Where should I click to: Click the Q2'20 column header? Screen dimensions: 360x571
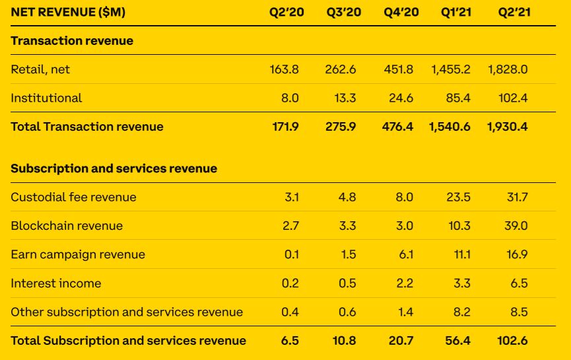[286, 12]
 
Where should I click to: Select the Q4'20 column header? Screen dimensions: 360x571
[401, 12]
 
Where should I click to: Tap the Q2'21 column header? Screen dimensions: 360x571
[515, 12]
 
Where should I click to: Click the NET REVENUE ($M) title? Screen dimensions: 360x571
[68, 12]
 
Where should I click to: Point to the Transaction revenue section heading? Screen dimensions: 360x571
[72, 41]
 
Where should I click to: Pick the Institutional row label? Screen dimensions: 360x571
[46, 98]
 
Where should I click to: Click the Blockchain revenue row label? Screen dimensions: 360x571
[67, 226]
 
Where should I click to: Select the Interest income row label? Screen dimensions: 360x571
[56, 283]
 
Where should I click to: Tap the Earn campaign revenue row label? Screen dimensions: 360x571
[78, 254]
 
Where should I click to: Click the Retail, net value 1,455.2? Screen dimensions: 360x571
[452, 69]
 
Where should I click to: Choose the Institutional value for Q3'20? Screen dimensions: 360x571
[345, 98]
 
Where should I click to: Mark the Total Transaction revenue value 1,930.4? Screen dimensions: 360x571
[508, 126]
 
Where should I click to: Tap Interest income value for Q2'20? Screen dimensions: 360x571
[290, 283]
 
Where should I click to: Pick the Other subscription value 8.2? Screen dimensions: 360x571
[461, 312]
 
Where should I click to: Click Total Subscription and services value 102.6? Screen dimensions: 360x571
[513, 341]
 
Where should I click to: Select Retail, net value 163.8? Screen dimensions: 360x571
[285, 69]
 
